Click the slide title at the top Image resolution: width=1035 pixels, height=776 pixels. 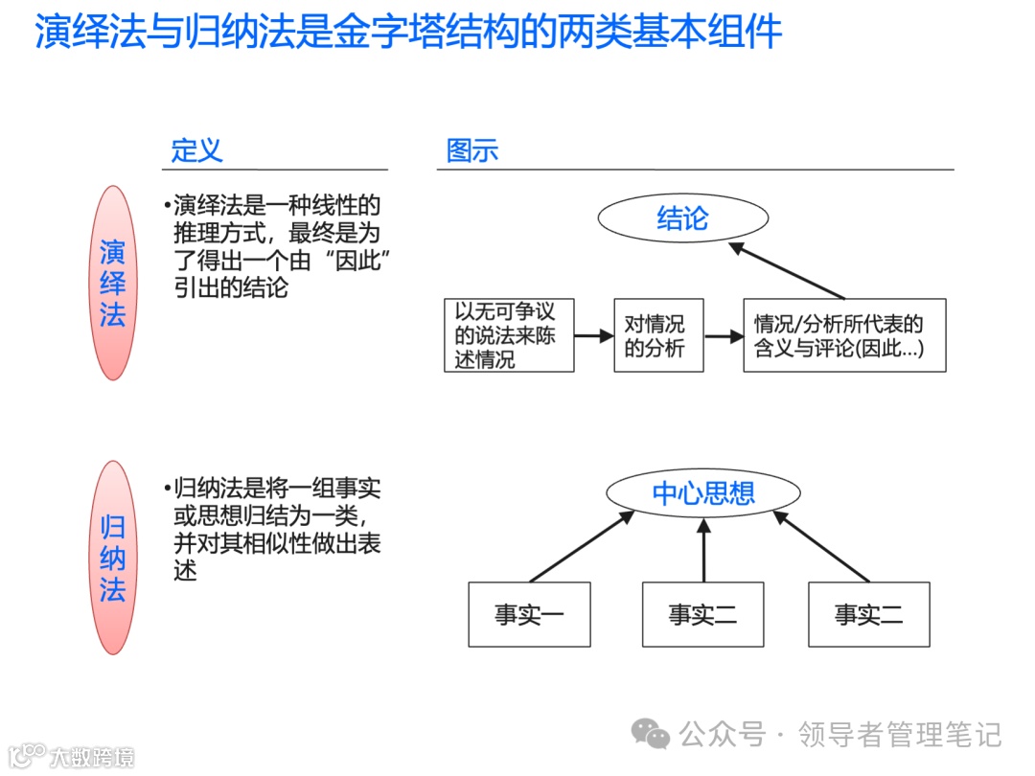(x=408, y=33)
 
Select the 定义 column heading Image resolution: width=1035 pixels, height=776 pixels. (x=196, y=150)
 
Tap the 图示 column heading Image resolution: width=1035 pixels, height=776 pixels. (x=471, y=150)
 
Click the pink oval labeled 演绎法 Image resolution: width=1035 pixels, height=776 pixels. (x=113, y=283)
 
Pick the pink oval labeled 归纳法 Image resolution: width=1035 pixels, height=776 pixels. (x=113, y=558)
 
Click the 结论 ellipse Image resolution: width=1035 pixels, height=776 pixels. (x=682, y=219)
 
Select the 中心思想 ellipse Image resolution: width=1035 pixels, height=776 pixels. (x=703, y=493)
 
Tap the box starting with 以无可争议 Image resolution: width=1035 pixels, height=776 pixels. (x=509, y=335)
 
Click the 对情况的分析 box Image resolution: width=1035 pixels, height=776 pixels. (x=656, y=335)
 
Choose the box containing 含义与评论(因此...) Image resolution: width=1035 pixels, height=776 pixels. (x=844, y=335)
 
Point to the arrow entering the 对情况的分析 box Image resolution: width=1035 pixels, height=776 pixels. (x=593, y=335)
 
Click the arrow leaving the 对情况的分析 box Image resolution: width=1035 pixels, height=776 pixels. (x=724, y=336)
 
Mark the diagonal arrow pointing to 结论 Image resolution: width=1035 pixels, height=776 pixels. (x=788, y=270)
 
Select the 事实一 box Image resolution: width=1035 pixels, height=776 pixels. (x=529, y=614)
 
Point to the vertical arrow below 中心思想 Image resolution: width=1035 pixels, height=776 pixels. (x=703, y=550)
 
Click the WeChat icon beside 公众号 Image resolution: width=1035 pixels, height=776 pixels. (x=651, y=735)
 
